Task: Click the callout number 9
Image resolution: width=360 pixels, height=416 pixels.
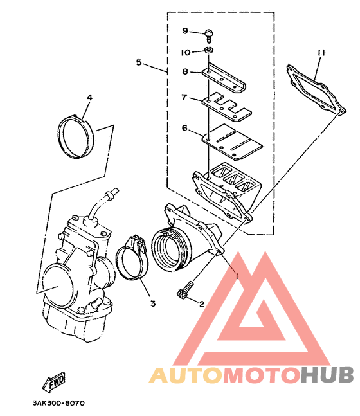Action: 185,31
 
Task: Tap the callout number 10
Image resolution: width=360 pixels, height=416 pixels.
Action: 186,52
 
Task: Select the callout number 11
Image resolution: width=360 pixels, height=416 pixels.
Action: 321,53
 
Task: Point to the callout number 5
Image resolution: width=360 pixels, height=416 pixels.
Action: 139,63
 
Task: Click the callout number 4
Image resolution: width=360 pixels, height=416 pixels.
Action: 89,98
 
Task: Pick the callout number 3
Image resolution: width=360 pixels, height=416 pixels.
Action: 153,303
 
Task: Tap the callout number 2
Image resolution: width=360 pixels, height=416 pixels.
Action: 202,304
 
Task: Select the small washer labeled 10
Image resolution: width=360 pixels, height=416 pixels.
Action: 209,50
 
